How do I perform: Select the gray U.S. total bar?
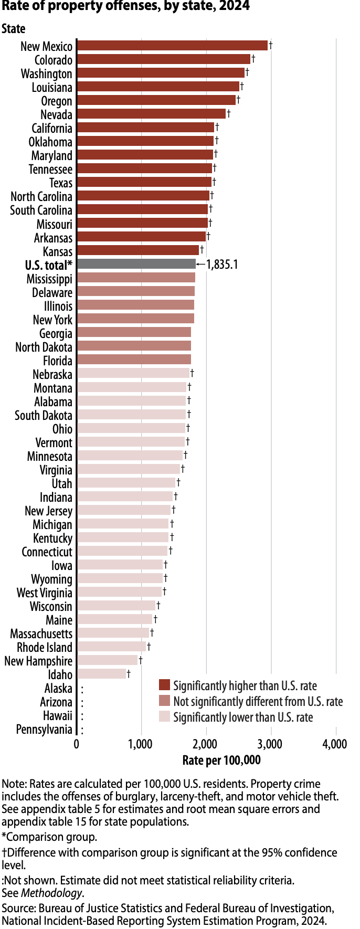tap(136, 264)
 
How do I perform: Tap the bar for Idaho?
tap(102, 674)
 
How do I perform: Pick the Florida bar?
tap(134, 360)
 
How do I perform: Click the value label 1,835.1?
tap(222, 264)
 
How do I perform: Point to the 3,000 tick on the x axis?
tap(271, 744)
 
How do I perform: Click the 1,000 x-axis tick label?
tap(141, 744)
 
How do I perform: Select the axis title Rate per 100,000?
tap(221, 760)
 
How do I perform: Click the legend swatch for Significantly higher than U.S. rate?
tap(165, 685)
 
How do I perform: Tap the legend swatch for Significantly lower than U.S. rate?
tap(165, 717)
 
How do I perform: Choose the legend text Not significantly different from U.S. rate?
tap(258, 701)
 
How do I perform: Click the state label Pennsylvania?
tap(44, 729)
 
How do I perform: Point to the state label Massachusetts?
tap(41, 634)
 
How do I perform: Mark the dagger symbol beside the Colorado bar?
tap(253, 58)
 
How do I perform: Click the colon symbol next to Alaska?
tap(82, 689)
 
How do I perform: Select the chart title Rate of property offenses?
tap(125, 7)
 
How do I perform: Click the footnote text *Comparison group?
tap(49, 837)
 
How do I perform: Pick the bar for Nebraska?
tap(133, 373)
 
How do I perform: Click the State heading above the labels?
tap(14, 28)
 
